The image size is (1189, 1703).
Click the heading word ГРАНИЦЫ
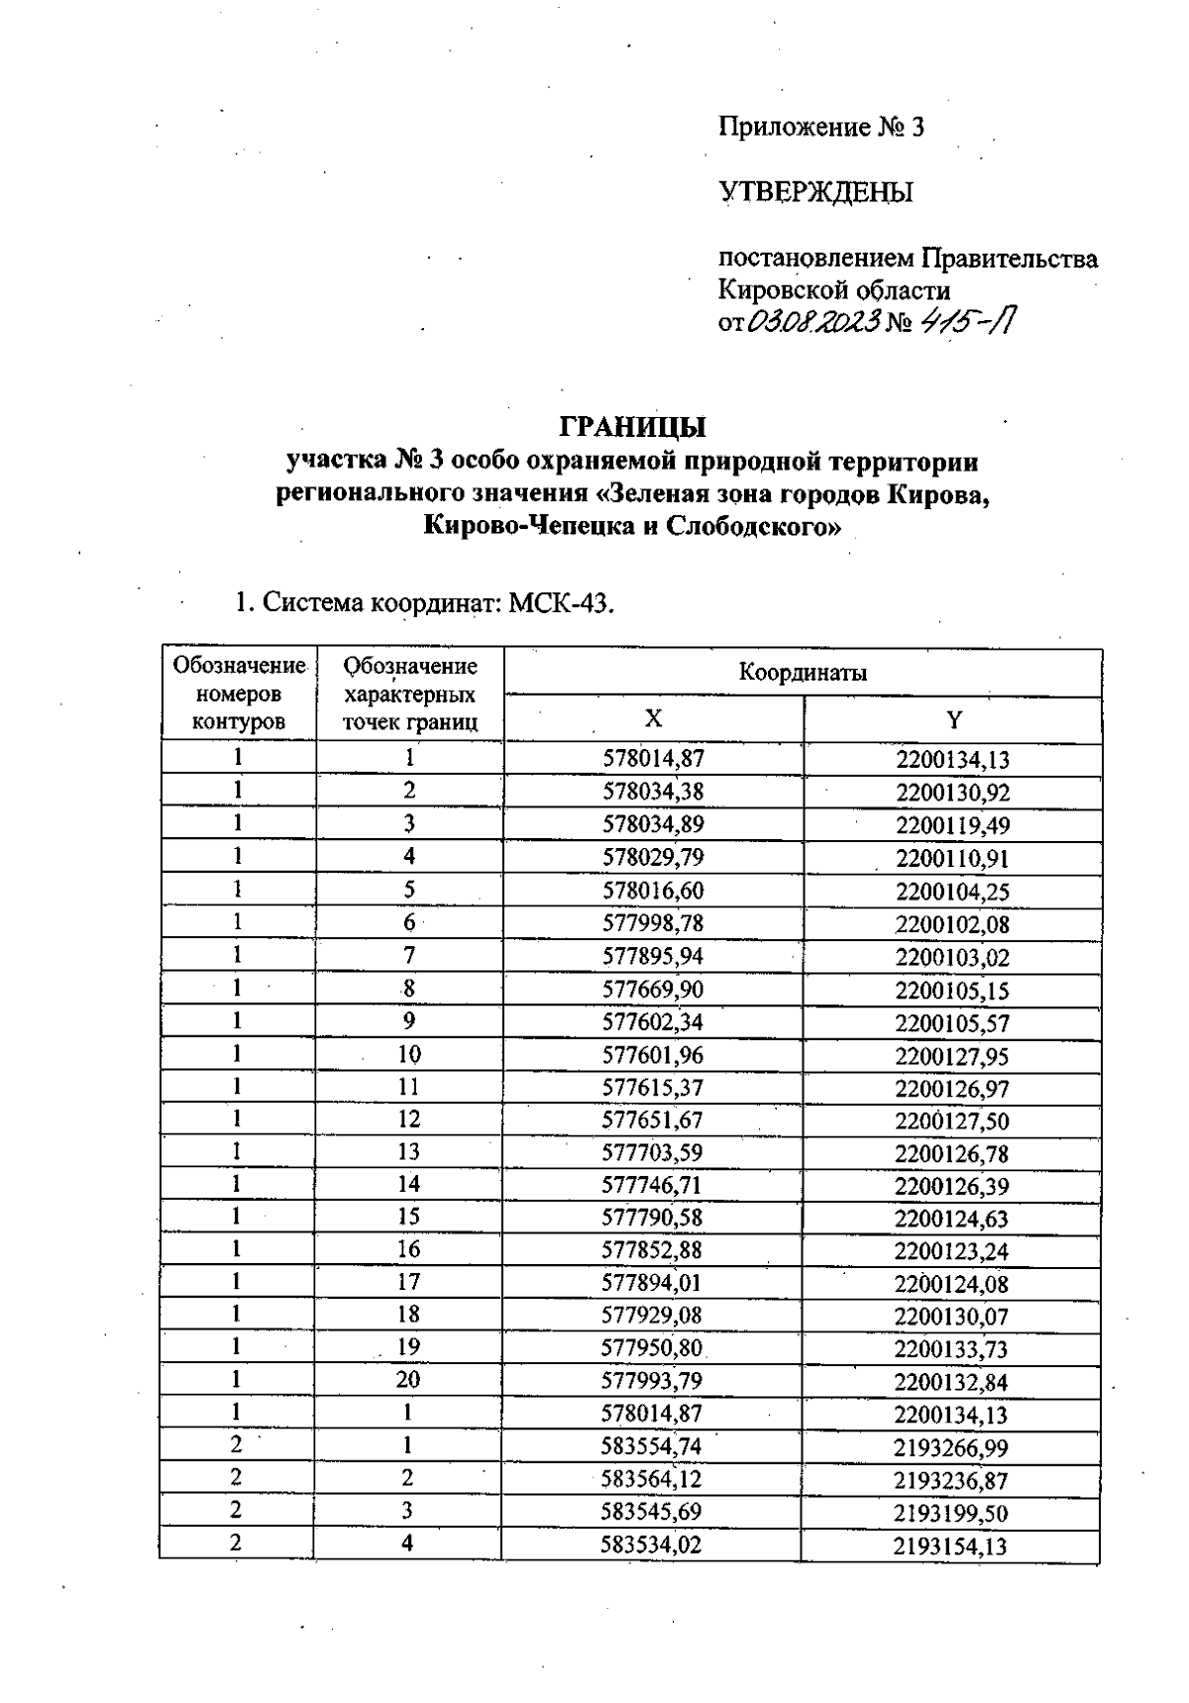tap(633, 427)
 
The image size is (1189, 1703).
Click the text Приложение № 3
tap(820, 127)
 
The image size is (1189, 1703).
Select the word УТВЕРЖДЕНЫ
tap(815, 192)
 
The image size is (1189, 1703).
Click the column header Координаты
tap(803, 673)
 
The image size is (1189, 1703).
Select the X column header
tap(653, 719)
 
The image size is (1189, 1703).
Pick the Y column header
tap(953, 720)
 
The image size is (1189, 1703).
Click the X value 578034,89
tap(653, 824)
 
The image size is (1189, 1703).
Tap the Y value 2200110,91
tap(952, 858)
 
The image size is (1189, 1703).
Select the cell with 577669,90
tap(653, 990)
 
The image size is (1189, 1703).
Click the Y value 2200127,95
tap(952, 1056)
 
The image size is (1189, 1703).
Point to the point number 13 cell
tap(408, 1152)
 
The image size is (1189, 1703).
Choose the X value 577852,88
tap(652, 1250)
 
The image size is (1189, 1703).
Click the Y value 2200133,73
tap(951, 1349)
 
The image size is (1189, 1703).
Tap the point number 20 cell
tap(408, 1380)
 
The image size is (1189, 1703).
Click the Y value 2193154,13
tap(950, 1545)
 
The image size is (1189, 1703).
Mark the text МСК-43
tap(561, 603)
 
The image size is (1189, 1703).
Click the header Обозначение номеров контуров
tap(239, 693)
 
